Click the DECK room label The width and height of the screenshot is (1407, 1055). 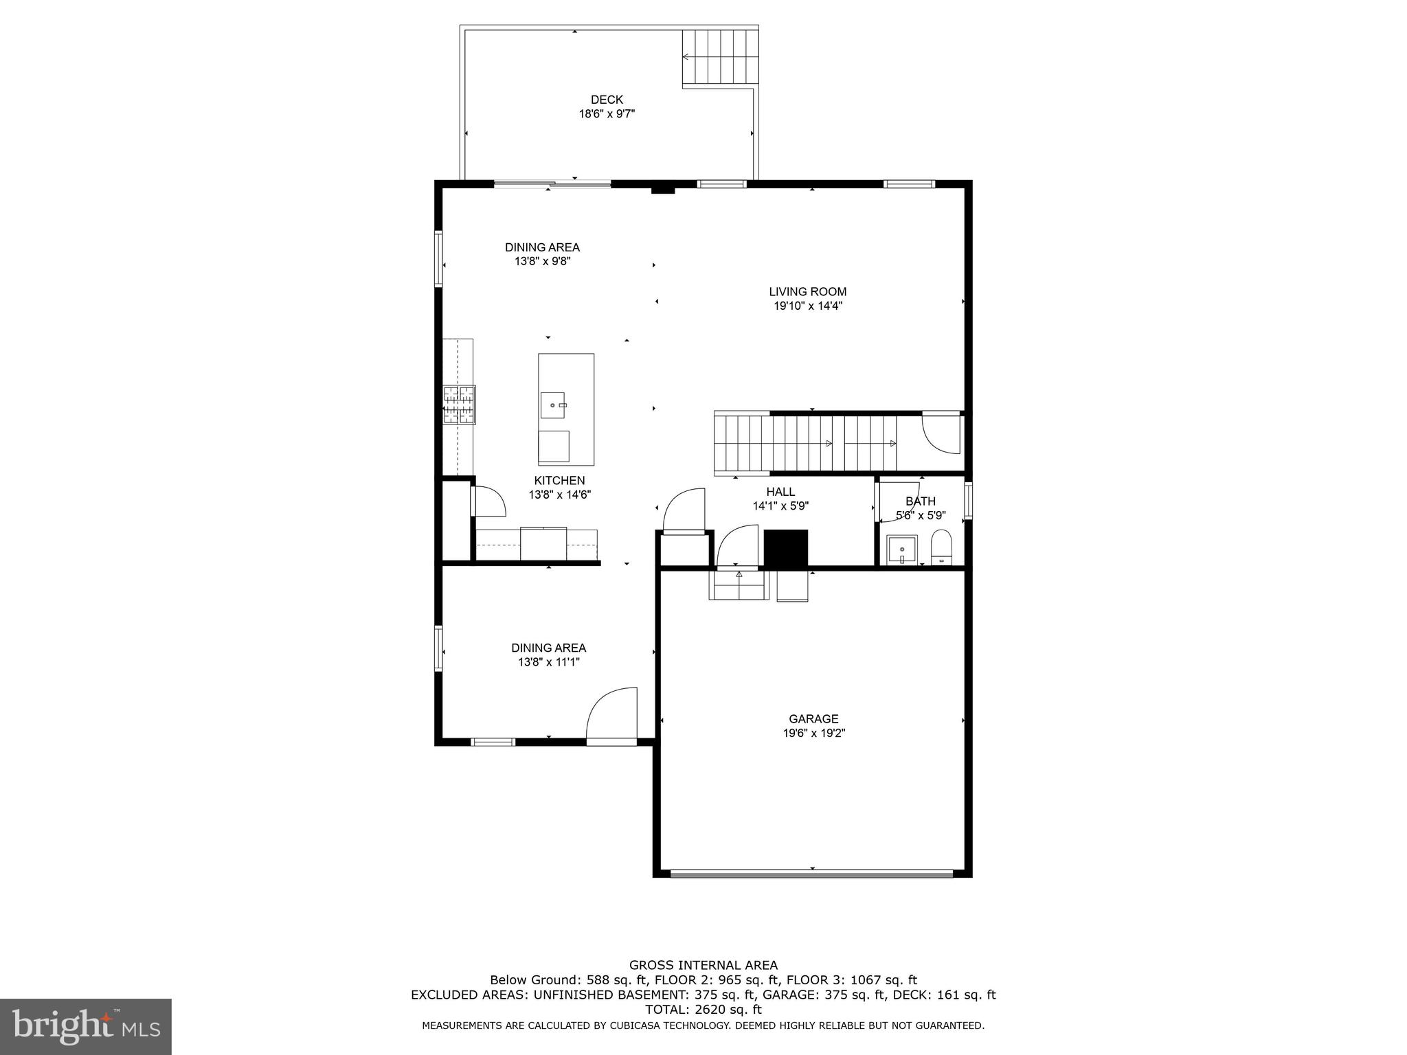point(607,100)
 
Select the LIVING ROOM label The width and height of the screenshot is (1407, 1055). point(807,292)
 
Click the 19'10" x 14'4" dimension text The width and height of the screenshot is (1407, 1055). point(808,306)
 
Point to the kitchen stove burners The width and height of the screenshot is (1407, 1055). point(459,405)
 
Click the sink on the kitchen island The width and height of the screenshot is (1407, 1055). point(552,405)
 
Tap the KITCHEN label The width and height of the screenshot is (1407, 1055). point(559,481)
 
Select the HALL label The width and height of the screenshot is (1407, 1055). point(780,492)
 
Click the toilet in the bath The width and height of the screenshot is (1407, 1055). point(941,547)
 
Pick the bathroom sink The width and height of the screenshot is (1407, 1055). point(902,549)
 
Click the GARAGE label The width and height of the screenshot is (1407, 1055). point(813,718)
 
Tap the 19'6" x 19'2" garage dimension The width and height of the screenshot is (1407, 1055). point(813,733)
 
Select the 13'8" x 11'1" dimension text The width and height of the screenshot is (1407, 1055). point(548,662)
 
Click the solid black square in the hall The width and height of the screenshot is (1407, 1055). point(786,548)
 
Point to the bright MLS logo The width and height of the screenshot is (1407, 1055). point(86,1026)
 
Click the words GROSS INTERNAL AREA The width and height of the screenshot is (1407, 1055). point(703,965)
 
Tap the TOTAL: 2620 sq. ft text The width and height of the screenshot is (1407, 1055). point(703,1009)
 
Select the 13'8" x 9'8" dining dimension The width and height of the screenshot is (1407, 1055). point(542,262)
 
